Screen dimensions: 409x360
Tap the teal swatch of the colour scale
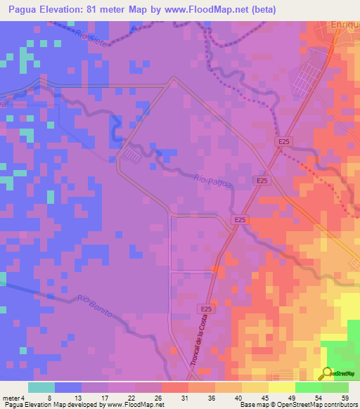click(x=41, y=388)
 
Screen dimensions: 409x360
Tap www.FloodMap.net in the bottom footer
click(x=133, y=405)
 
